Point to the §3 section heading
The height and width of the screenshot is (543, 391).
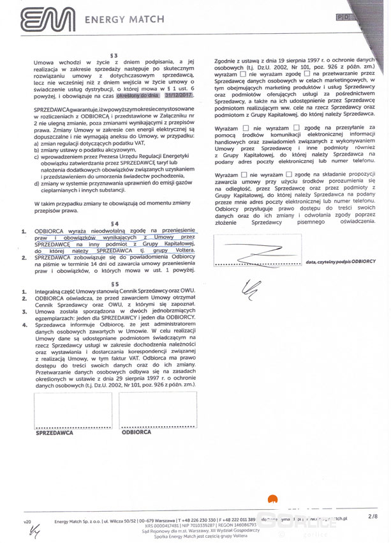[x=114, y=54]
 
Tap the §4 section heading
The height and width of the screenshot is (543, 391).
[x=115, y=223]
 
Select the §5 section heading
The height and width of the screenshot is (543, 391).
[x=115, y=283]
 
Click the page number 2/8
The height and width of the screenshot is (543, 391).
[x=373, y=514]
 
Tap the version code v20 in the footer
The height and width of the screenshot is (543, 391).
[x=27, y=522]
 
